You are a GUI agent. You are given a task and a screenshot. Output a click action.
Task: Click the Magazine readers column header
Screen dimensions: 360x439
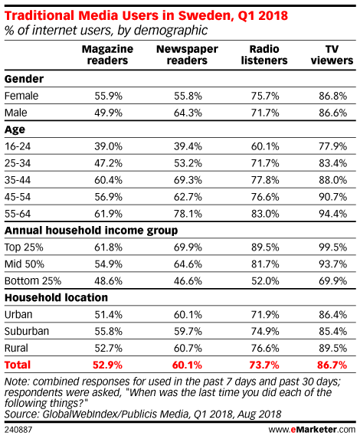tap(107, 54)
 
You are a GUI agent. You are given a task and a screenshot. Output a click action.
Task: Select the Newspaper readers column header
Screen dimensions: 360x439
tap(187, 54)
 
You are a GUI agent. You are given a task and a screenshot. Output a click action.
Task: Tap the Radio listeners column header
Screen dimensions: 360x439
tap(264, 54)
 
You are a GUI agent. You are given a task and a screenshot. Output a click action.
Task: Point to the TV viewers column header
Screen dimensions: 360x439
tap(332, 54)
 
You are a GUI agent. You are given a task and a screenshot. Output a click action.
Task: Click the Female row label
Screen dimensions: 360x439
tap(21, 96)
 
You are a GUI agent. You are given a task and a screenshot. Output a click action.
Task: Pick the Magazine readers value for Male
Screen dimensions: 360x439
tap(108, 113)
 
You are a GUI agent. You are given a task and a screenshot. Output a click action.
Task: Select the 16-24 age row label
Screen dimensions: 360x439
tap(18, 146)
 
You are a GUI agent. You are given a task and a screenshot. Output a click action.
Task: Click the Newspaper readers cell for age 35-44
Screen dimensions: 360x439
tap(188, 180)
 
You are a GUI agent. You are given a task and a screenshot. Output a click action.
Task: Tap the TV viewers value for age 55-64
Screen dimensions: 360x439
tap(333, 214)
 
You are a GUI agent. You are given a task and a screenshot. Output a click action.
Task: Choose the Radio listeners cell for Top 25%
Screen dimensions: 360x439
tap(265, 247)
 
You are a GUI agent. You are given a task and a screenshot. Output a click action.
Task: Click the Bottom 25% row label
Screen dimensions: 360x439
tap(33, 281)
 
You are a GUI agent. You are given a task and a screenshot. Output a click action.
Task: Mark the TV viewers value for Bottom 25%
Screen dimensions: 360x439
tap(333, 281)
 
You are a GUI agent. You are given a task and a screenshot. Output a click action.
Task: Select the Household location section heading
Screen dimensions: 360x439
tap(56, 297)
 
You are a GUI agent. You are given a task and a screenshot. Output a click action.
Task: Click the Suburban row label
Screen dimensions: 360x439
tap(27, 331)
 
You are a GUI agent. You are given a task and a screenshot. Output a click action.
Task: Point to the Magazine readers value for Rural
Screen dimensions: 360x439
tap(108, 348)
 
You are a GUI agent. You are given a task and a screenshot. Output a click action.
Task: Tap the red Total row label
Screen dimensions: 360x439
tap(18, 365)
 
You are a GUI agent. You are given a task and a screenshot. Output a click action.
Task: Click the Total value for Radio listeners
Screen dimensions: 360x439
tap(264, 365)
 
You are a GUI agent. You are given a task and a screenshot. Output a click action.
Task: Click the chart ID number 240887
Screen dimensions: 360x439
tap(18, 430)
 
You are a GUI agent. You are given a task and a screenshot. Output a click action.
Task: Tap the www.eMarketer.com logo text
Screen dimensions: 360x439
tap(312, 430)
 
